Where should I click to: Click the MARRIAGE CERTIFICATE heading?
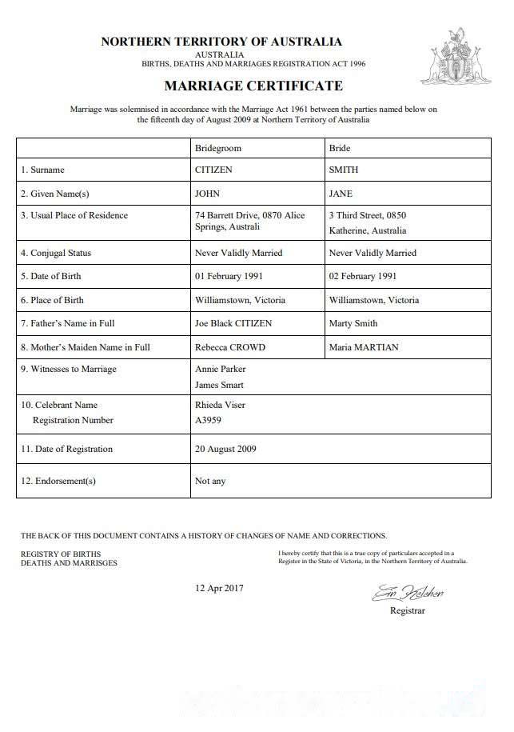253,86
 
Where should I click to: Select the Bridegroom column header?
217,148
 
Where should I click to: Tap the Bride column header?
340,148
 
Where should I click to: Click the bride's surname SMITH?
344,170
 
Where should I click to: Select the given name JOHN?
207,194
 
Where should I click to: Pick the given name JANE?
341,194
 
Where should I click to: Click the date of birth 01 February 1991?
229,276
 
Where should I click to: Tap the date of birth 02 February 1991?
363,276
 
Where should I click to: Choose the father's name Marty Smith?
353,323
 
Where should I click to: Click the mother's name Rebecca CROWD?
229,347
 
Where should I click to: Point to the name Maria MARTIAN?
364,347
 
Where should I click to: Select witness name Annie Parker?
221,369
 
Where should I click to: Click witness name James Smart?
221,385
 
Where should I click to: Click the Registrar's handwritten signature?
408,594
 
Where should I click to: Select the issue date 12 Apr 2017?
220,588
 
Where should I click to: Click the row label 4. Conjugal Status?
56,253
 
